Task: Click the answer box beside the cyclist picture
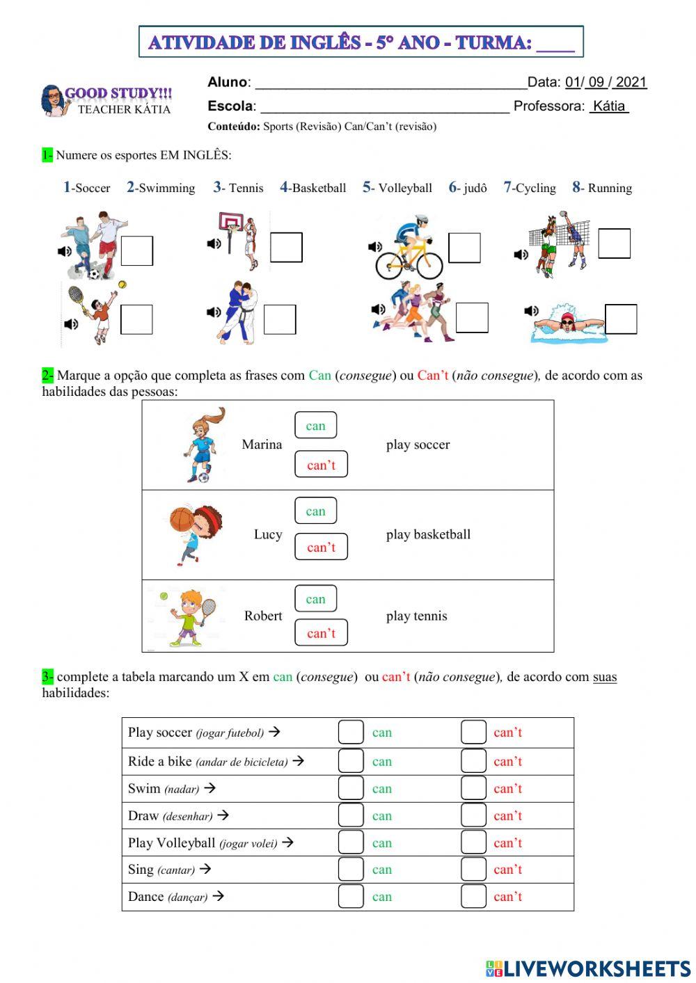[464, 248]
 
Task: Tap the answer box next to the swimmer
[621, 319]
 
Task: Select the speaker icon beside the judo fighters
[214, 312]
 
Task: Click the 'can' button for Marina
[315, 426]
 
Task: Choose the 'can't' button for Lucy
[321, 547]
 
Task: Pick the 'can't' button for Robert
[321, 633]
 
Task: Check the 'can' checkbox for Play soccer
[351, 733]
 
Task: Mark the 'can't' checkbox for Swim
[473, 788]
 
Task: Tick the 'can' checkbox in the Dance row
[351, 896]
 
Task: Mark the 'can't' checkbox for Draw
[473, 815]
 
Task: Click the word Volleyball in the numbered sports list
[405, 188]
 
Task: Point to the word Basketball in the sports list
[319, 188]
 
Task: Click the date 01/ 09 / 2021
[606, 82]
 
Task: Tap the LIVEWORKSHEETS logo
[588, 968]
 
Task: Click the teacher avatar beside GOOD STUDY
[53, 101]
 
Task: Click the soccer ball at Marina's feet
[203, 477]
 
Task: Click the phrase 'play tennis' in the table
[416, 616]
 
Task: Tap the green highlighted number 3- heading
[47, 676]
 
